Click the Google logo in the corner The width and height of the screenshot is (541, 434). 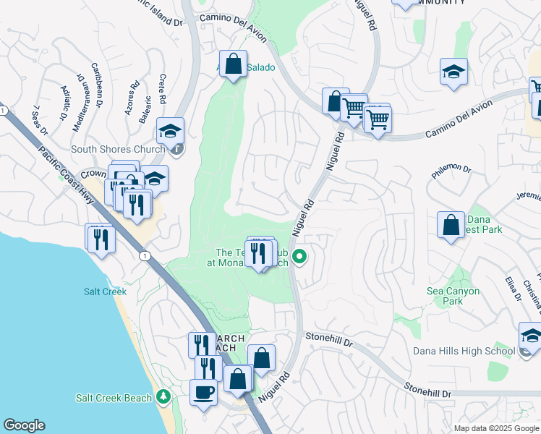(x=24, y=425)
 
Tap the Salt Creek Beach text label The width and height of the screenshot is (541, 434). (x=114, y=398)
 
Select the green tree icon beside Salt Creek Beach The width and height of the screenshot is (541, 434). (x=163, y=397)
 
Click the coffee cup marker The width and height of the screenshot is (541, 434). (x=203, y=393)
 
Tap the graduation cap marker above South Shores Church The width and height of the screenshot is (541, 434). (x=170, y=131)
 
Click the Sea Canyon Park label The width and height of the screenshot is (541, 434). (x=453, y=296)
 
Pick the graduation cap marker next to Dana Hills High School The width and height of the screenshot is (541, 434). (x=531, y=336)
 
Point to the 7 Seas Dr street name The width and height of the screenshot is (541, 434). (x=40, y=120)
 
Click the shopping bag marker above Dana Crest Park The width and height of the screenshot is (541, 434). (x=451, y=225)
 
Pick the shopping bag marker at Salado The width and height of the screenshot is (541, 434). (x=234, y=64)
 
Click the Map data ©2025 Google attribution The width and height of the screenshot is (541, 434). (x=496, y=428)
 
